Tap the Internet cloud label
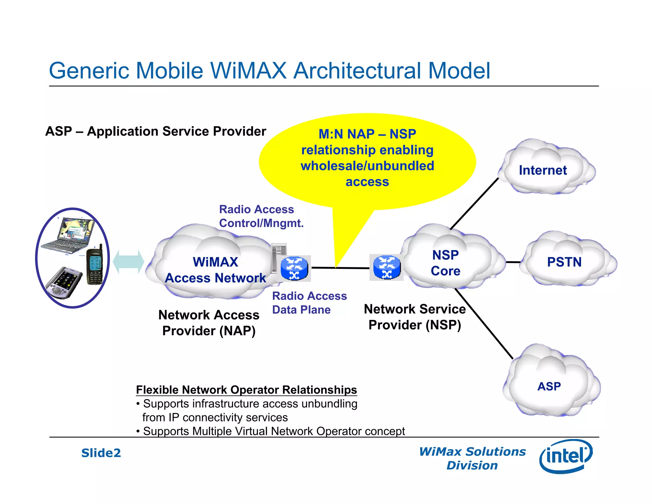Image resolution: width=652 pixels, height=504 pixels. click(x=542, y=170)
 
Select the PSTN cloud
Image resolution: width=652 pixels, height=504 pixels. click(x=564, y=262)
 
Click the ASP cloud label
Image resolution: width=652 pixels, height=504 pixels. click(x=549, y=386)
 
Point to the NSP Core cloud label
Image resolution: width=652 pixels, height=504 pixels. click(x=445, y=263)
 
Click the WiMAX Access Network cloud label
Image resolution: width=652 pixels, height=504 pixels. click(x=215, y=270)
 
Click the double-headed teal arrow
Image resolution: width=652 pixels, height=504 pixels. click(x=128, y=262)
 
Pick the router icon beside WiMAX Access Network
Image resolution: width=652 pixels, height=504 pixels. click(x=294, y=269)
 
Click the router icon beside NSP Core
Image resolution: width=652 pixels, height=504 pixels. click(x=386, y=267)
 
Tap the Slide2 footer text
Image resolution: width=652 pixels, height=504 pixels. click(x=101, y=453)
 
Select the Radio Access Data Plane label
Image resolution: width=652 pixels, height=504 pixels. click(x=309, y=303)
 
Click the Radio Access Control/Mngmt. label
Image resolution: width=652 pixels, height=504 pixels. click(x=261, y=216)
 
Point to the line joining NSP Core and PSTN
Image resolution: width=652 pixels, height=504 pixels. click(x=513, y=262)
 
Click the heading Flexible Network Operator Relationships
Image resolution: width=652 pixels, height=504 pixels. click(x=246, y=390)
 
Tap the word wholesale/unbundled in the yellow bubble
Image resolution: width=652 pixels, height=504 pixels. click(x=367, y=166)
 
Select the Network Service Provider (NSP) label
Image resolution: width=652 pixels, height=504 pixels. click(x=415, y=317)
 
